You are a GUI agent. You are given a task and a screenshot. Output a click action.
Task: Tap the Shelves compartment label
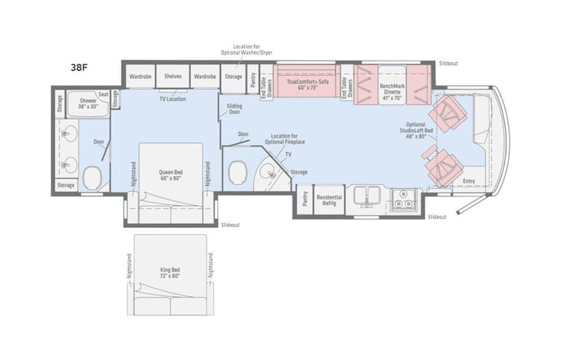coord(173,77)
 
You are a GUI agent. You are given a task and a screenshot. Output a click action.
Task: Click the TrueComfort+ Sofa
coord(306,84)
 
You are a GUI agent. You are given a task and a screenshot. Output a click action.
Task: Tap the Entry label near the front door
coord(468,181)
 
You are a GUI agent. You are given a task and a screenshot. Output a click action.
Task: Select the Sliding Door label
coord(235,109)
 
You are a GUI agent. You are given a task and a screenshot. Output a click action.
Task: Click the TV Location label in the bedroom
coord(172,99)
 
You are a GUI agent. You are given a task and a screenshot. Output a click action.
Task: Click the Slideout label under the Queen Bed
coord(229,225)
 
